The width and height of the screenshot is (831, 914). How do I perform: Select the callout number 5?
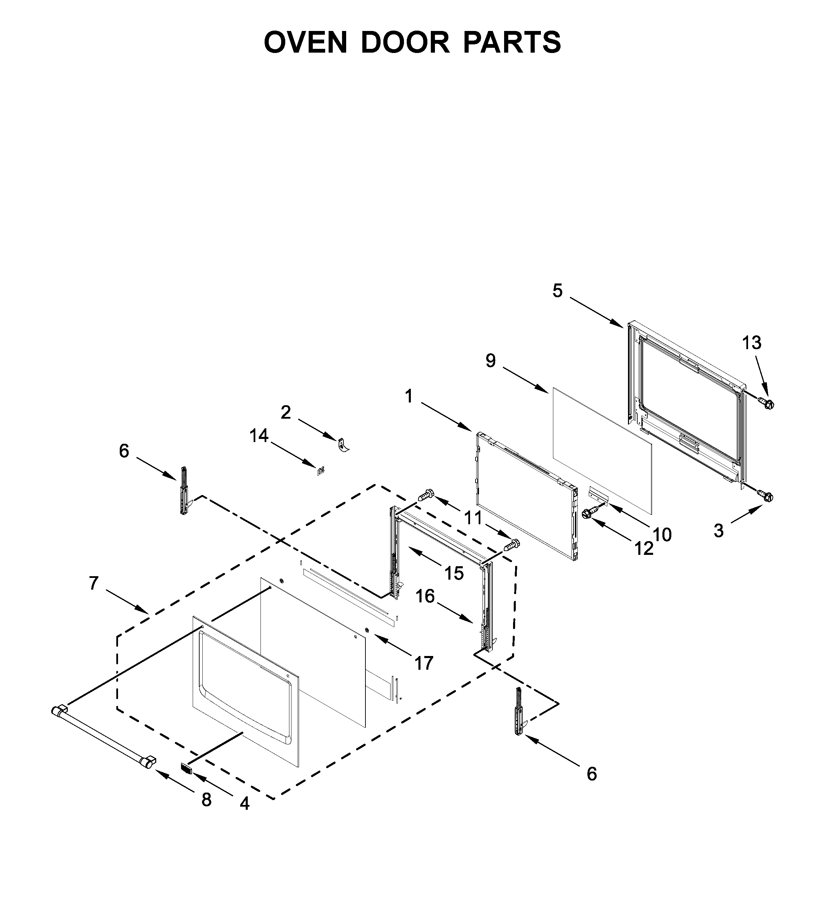[557, 291]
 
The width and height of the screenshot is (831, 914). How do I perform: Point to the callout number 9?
[491, 361]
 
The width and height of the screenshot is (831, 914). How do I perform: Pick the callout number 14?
[259, 436]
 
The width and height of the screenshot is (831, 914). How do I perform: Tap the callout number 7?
[94, 583]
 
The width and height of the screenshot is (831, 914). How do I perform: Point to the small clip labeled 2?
[343, 446]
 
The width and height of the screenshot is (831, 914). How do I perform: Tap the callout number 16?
[425, 596]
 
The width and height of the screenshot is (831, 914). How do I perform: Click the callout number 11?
[473, 518]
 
